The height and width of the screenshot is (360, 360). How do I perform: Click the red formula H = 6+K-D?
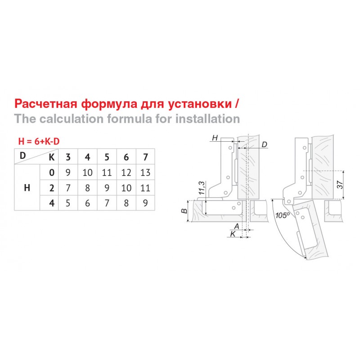click(x=39, y=141)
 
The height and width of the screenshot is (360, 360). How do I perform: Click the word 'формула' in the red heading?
click(x=109, y=104)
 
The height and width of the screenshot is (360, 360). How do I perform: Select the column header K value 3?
click(x=68, y=157)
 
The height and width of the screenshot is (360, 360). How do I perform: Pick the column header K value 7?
click(x=145, y=157)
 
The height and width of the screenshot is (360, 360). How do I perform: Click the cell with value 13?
click(x=145, y=172)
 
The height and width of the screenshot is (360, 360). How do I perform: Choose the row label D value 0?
click(x=52, y=172)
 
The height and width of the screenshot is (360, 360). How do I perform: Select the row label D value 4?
click(x=52, y=203)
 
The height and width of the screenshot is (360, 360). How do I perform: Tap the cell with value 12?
click(x=126, y=172)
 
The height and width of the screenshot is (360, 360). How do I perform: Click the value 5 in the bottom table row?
click(x=68, y=203)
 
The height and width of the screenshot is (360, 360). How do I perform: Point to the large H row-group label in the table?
click(x=27, y=188)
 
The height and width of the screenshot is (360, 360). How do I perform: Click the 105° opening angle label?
click(x=283, y=216)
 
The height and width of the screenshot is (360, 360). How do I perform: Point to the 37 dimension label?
click(x=340, y=185)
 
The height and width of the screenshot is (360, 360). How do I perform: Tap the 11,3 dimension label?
click(x=201, y=188)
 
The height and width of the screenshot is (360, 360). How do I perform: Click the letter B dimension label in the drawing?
click(x=184, y=211)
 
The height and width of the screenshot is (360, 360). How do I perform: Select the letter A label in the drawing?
click(x=237, y=226)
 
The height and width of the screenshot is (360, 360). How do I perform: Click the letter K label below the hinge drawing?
click(x=233, y=234)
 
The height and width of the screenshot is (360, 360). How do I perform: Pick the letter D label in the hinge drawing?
click(x=265, y=144)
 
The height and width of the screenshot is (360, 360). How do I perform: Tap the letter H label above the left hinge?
click(x=215, y=138)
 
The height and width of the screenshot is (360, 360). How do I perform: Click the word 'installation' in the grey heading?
click(x=208, y=119)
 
